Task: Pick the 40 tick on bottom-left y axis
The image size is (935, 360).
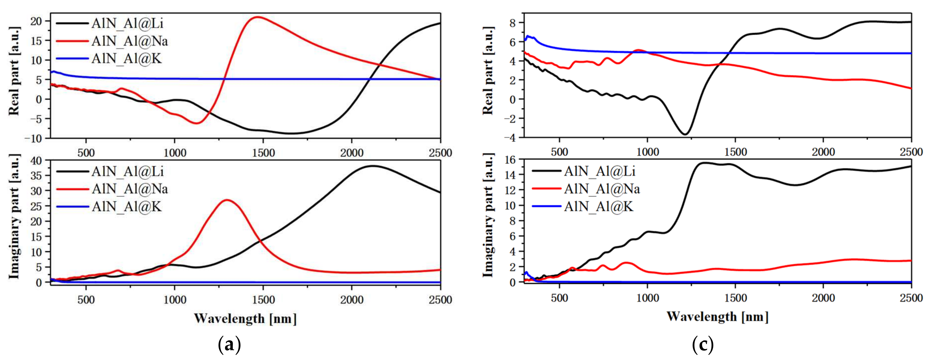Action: [x=36, y=160]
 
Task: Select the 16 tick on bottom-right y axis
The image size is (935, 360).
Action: [x=510, y=159]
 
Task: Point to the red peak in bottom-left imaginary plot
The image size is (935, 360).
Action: [x=227, y=200]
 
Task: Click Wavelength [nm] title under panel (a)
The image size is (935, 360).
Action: [x=245, y=319]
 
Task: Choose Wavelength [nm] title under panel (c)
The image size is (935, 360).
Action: [x=717, y=316]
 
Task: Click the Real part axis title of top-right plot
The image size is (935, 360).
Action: [x=488, y=71]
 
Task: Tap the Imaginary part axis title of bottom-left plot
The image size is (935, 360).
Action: [x=14, y=217]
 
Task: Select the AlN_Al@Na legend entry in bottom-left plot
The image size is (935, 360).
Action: [x=130, y=189]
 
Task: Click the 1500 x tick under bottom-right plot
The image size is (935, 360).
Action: [x=735, y=298]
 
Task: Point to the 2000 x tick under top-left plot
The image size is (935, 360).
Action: [x=351, y=153]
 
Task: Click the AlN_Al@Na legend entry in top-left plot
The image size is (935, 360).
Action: [x=130, y=41]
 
